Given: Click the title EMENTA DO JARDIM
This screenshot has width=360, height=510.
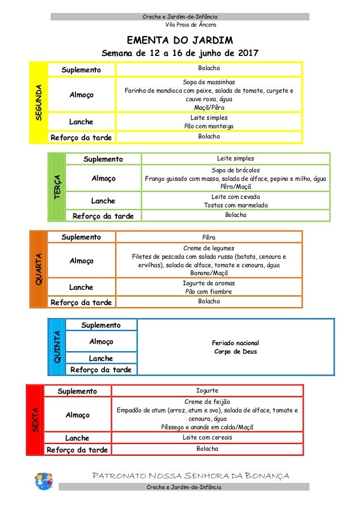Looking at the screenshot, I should click(x=179, y=41).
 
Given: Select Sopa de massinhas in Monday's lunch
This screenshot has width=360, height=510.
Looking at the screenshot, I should click(x=209, y=81).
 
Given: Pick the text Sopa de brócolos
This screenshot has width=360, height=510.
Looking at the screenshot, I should click(x=235, y=169).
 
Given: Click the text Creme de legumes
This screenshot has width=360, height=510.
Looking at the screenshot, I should click(x=209, y=248).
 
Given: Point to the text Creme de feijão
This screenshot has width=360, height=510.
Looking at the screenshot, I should click(x=207, y=401).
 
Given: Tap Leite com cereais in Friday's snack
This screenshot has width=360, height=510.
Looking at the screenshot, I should click(x=207, y=437).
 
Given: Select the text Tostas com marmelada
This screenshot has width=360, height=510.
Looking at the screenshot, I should click(x=235, y=205).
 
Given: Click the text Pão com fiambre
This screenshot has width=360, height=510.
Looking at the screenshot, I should click(x=209, y=292).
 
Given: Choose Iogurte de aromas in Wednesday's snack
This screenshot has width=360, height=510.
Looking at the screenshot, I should click(x=209, y=283).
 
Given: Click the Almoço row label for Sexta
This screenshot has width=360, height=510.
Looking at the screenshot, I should click(x=77, y=415).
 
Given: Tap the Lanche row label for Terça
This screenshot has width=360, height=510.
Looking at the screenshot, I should click(x=103, y=200).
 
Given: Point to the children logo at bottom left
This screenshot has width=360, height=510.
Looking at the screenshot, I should click(x=43, y=482).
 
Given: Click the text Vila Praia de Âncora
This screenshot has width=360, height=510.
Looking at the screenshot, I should click(x=190, y=25).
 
